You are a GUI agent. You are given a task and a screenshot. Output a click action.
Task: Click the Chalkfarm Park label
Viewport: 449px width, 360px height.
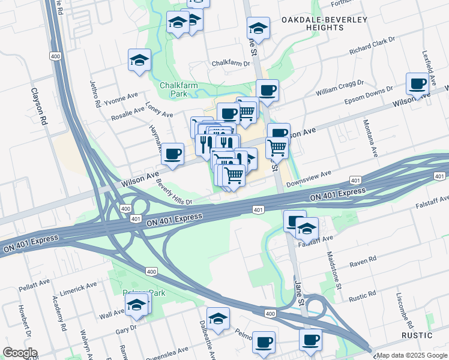point(178,89)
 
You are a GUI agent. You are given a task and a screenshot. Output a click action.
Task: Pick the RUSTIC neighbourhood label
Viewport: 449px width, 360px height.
point(417,334)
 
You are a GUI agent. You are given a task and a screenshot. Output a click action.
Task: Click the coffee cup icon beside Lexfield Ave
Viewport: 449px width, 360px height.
point(418,83)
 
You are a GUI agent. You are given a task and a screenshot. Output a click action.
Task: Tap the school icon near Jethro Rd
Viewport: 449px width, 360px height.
point(139,60)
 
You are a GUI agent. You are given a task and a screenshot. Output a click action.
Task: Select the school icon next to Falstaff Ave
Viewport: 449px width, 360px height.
point(307,229)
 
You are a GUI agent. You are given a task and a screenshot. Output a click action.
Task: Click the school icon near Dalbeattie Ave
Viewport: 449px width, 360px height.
point(218,318)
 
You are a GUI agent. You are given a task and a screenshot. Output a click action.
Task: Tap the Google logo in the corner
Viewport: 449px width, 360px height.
point(20,353)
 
